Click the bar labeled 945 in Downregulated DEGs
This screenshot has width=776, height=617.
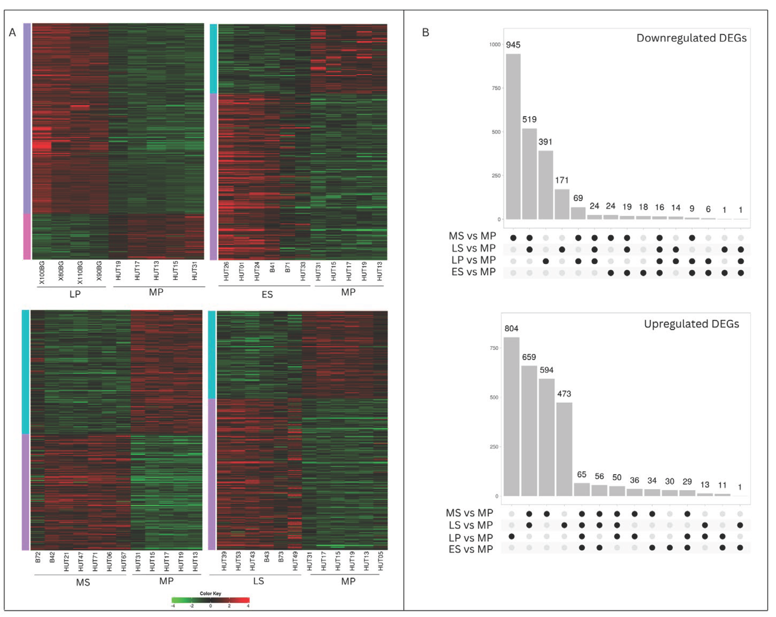513,137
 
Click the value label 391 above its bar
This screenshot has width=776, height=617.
545,142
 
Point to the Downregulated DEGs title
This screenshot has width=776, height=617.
691,38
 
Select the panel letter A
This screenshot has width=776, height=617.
12,33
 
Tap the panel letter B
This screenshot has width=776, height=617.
425,33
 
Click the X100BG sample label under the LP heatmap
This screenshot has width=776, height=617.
42,273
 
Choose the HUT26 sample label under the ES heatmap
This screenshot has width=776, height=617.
226,272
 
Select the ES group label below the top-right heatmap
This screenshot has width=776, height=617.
267,294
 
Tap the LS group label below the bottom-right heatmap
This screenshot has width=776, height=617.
258,581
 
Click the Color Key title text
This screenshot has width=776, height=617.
210,593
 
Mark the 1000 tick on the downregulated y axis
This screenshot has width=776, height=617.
495,45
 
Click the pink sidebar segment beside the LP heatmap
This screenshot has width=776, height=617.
27,237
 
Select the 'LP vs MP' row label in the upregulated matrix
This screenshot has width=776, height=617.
470,538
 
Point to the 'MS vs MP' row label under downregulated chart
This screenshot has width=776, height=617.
472,236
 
